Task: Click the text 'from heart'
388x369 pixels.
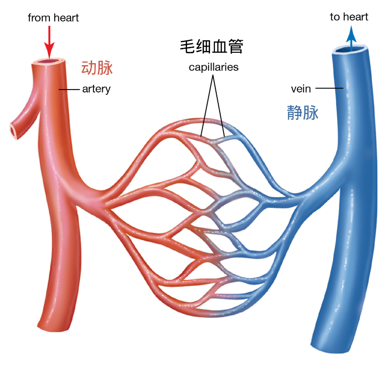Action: pos(53,18)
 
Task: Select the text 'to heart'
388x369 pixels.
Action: pos(349,17)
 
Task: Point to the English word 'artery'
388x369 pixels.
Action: pos(96,89)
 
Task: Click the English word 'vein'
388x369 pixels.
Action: pos(301,89)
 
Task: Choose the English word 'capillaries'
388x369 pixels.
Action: pos(213,67)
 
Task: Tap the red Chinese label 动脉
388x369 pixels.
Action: pos(97,68)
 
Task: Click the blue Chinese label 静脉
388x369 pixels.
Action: pos(303,113)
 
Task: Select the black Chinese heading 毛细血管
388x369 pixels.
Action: pos(212,46)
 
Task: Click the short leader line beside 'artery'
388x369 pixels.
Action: pos(69,90)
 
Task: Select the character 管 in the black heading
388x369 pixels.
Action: pos(235,46)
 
